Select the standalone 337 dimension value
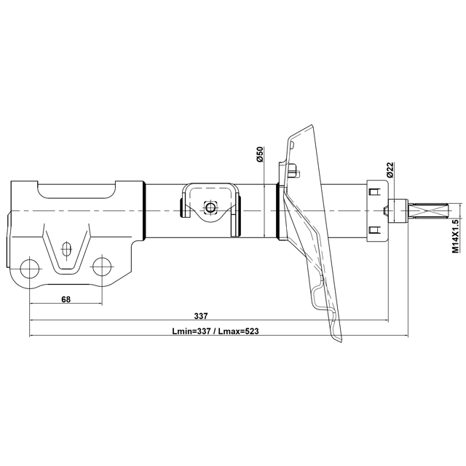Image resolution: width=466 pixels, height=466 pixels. tap(201, 315)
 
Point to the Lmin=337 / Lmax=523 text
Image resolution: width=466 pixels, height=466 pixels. tap(215, 331)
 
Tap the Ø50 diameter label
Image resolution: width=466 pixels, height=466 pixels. tap(260, 155)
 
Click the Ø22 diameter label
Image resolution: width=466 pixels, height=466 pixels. tap(390, 170)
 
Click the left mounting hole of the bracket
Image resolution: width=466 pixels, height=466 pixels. tap(30, 268)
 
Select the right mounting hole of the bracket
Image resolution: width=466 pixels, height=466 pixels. tap(102, 268)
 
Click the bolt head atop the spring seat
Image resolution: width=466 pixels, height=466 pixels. tap(292, 172)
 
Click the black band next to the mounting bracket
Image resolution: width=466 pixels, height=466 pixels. tap(146, 211)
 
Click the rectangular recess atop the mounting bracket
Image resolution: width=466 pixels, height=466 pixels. tap(77, 191)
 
